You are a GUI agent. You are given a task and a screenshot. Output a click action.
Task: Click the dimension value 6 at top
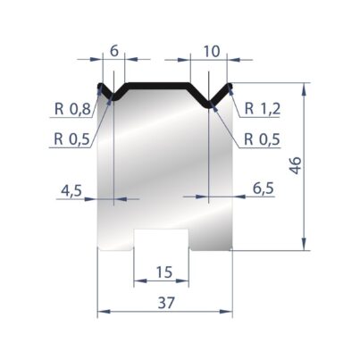[x=114, y=51]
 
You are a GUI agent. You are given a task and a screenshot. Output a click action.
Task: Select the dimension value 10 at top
[x=212, y=51]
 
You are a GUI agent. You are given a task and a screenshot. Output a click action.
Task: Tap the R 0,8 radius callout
[x=72, y=110]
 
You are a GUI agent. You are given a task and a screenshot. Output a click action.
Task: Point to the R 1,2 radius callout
[x=263, y=109]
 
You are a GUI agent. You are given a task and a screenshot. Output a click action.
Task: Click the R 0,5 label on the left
[x=71, y=138]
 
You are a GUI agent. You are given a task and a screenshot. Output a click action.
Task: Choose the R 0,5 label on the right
[x=262, y=139]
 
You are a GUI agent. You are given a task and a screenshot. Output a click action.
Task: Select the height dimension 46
[x=296, y=165]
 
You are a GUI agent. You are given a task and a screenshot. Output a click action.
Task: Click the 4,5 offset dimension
[x=71, y=190]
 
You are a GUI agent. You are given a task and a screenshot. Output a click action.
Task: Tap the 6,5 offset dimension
[x=264, y=188]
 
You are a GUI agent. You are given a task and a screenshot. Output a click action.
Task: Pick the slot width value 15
[x=164, y=272]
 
